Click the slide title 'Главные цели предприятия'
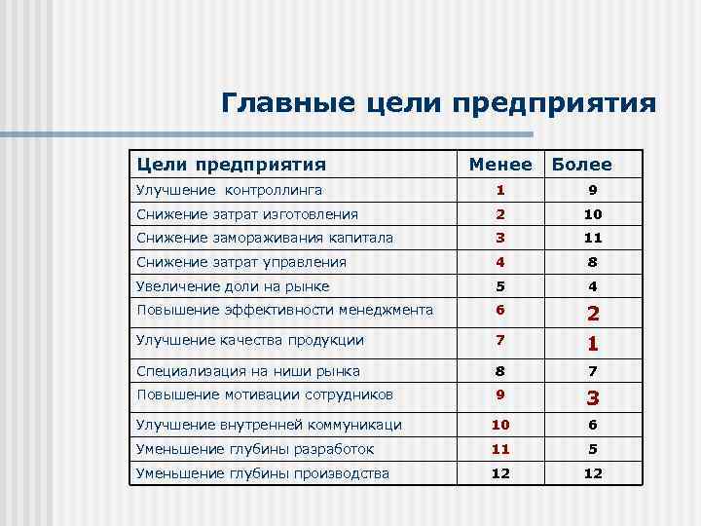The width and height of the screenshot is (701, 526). [438, 102]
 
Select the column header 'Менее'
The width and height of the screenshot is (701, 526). [500, 166]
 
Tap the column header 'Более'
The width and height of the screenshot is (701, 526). [581, 166]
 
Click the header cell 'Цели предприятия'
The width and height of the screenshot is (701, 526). [231, 166]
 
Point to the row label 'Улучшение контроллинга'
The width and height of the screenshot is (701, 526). [229, 190]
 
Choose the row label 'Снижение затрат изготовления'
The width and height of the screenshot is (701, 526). [247, 214]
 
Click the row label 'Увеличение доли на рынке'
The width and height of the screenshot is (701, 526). [233, 286]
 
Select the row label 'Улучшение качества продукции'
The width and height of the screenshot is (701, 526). [250, 340]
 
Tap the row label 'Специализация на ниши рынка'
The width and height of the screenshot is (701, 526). [248, 371]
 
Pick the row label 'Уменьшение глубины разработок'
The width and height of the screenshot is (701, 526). [255, 449]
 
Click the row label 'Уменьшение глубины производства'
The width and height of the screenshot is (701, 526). [263, 473]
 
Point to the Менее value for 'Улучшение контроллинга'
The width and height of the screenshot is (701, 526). [500, 190]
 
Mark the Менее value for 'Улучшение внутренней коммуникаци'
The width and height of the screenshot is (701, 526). [500, 425]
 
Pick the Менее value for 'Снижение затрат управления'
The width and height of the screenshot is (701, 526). [500, 262]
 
